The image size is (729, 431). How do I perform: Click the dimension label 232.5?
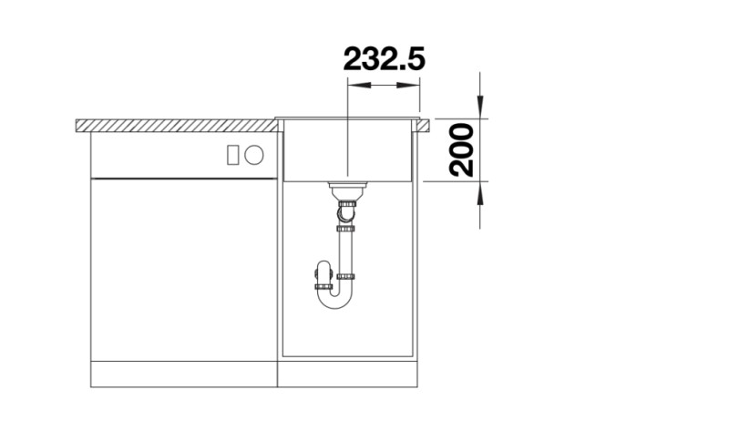coord(384,59)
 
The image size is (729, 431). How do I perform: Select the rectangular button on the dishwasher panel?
coord(233,155)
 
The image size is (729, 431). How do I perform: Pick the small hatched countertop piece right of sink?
coord(426,125)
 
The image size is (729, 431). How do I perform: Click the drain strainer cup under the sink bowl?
coord(346,190)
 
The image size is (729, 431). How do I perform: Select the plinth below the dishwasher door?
coord(182,375)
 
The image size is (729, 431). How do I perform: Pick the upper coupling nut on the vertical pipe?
coord(346,229)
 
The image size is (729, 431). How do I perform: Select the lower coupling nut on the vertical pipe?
coord(346,275)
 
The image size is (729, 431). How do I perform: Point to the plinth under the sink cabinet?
coord(349,375)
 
